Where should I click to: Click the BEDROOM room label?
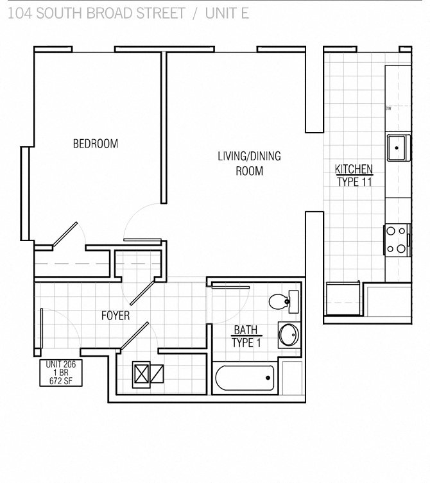[x=95, y=144]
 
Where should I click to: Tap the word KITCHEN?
[x=354, y=169]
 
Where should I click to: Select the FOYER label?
[x=116, y=316]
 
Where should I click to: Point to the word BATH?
[x=245, y=330]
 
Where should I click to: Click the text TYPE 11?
[x=354, y=182]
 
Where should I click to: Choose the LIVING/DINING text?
[x=249, y=156]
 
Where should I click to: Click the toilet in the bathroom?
[x=282, y=301]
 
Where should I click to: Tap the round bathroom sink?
[x=288, y=335]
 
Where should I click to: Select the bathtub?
[x=245, y=378]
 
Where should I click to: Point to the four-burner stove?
[x=397, y=239]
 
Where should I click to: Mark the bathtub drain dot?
[x=268, y=378]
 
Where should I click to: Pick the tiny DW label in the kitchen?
[x=388, y=108]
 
